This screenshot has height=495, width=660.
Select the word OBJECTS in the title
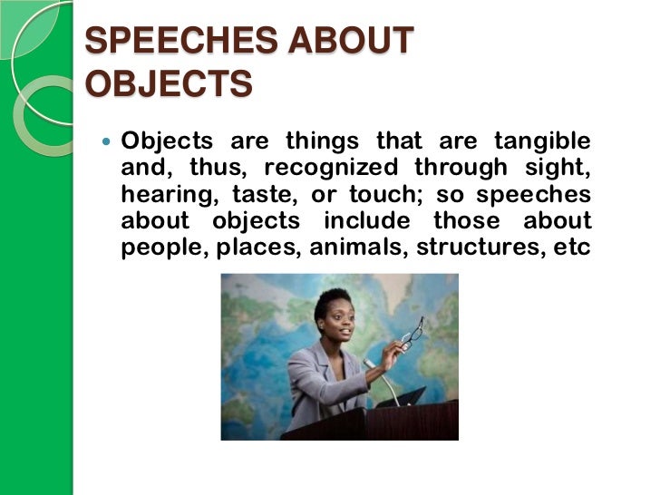click(x=169, y=83)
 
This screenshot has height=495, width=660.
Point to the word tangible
click(x=541, y=142)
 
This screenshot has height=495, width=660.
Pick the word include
click(x=374, y=221)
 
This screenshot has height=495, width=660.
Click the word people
click(x=163, y=247)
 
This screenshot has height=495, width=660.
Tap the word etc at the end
click(x=573, y=247)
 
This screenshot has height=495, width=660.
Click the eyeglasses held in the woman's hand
click(x=412, y=333)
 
